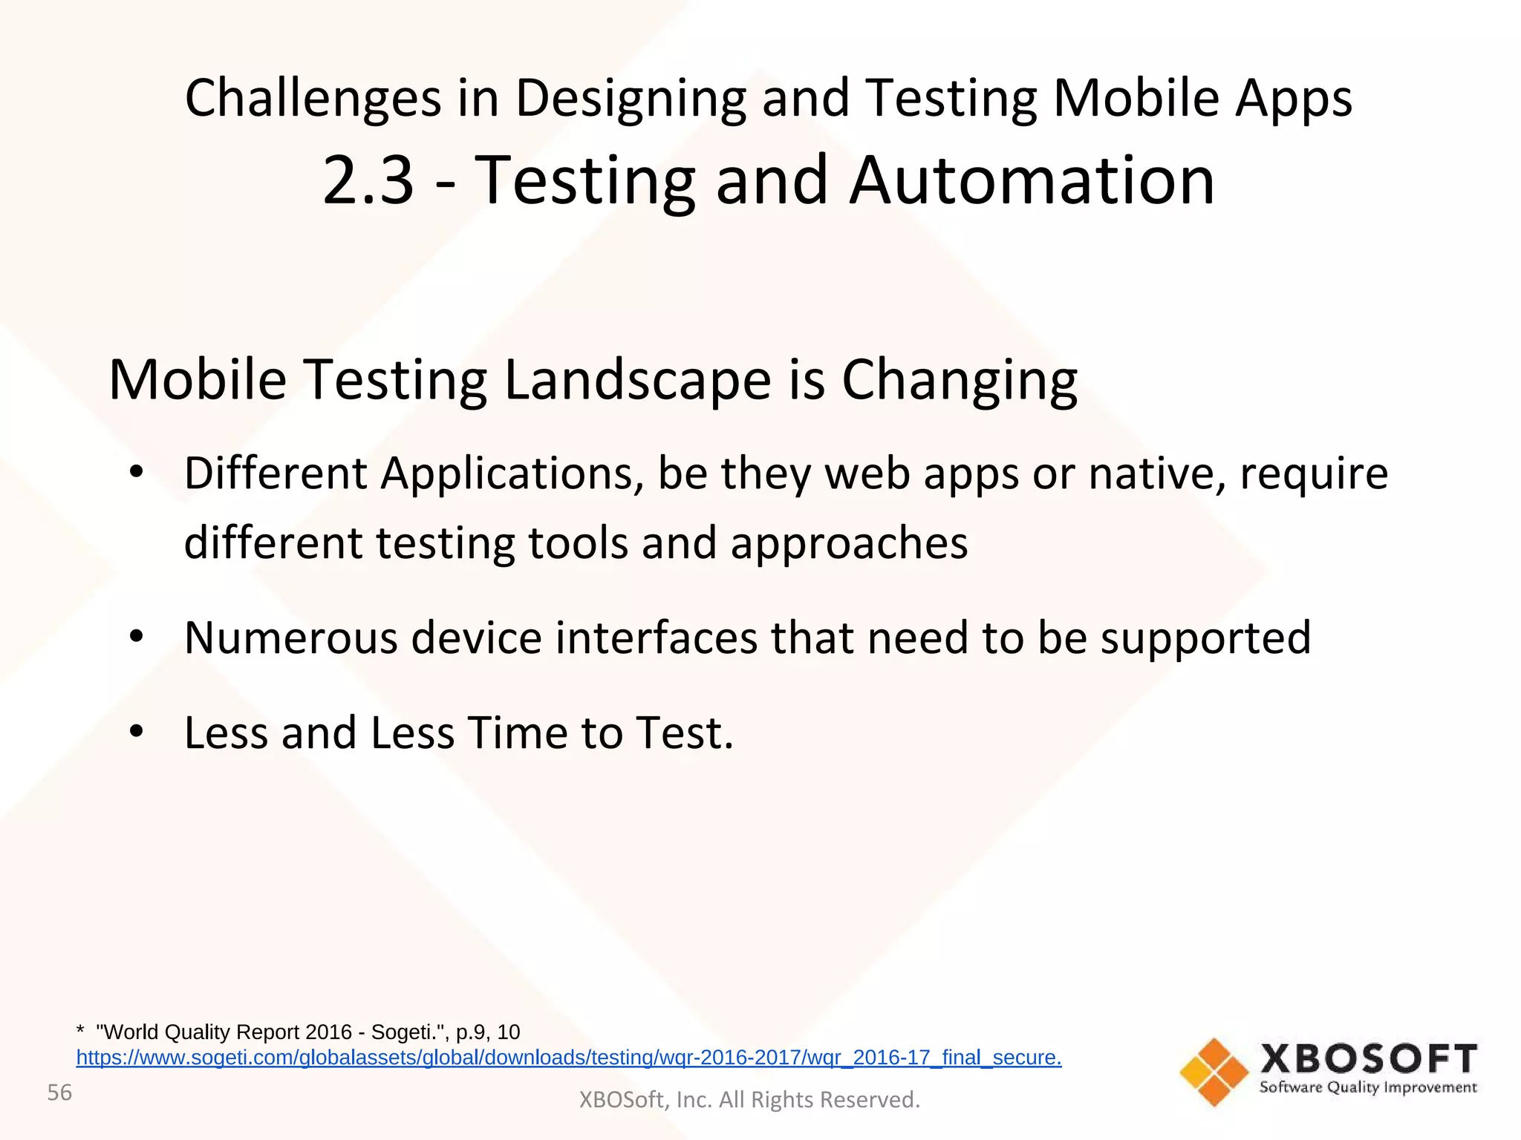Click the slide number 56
(59, 1092)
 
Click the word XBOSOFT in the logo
(1368, 1058)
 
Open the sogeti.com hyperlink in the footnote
(568, 1058)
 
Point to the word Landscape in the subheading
(638, 379)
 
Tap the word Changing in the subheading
(959, 379)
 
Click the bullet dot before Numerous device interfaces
(135, 637)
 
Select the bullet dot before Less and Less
(135, 732)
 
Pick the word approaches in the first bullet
(849, 543)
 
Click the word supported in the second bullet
(1205, 638)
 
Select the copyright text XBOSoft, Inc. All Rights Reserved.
(749, 1099)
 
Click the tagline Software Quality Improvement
(1368, 1088)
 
